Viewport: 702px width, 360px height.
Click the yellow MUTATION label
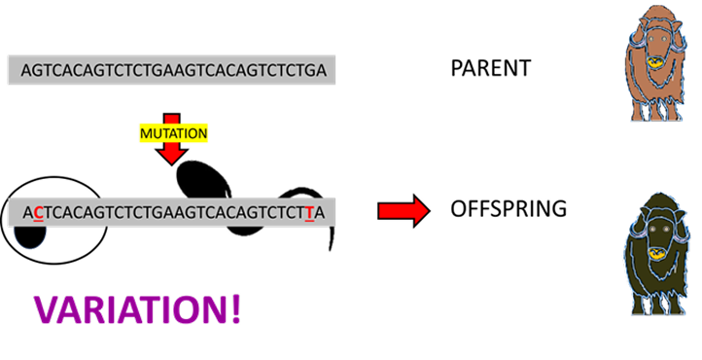172,131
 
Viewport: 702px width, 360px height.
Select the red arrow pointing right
404,210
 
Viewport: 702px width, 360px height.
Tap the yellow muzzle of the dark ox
657,256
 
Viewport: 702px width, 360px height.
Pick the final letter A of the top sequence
321,70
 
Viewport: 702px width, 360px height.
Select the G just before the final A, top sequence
309,70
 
